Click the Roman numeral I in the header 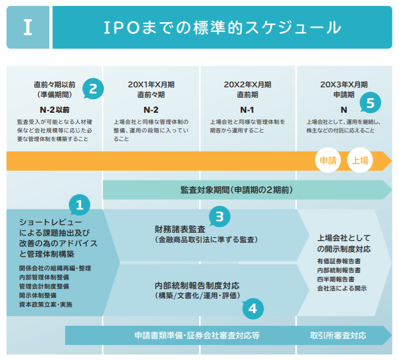28,27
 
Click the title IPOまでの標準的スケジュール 222,27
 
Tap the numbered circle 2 93,89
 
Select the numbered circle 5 370,103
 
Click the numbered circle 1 79,204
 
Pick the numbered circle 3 219,217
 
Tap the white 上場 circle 360,161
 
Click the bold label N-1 247,109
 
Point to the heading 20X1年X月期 151,84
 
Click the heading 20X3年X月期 344,84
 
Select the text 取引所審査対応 338,335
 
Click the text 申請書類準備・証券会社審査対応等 197,335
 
